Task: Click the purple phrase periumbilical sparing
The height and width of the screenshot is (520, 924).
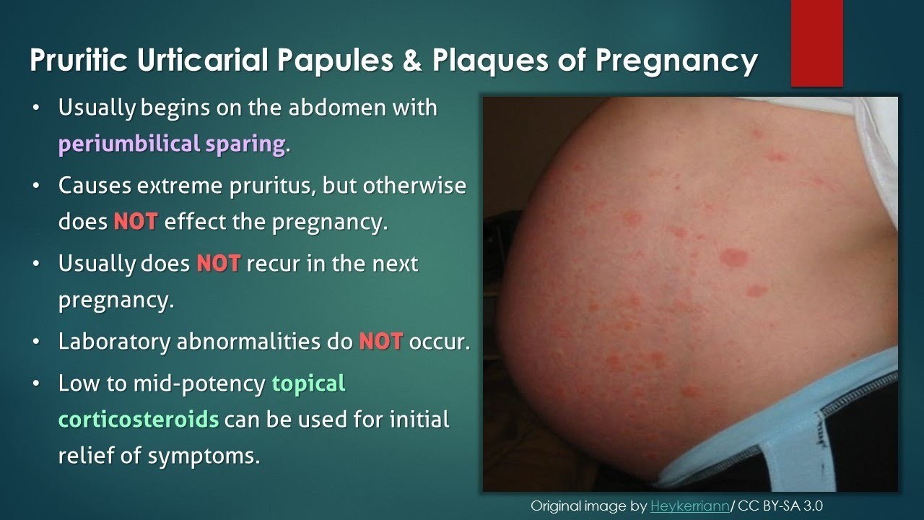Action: (172, 144)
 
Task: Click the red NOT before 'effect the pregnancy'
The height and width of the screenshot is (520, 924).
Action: (135, 221)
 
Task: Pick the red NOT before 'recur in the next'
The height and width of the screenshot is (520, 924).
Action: (218, 264)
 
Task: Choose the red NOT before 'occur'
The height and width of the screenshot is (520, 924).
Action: (380, 342)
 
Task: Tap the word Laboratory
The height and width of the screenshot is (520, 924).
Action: (113, 342)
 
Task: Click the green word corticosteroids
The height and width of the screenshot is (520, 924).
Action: (139, 420)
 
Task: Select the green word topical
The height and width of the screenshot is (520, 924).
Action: (309, 383)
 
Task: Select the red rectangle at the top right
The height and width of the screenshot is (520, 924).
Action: (816, 43)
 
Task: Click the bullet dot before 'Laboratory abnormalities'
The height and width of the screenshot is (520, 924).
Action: (37, 342)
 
